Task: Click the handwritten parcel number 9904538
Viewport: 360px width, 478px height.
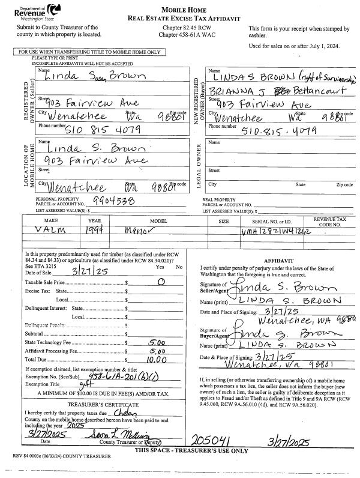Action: pyautogui.click(x=114, y=201)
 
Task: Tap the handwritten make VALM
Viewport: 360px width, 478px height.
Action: pyautogui.click(x=42, y=229)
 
